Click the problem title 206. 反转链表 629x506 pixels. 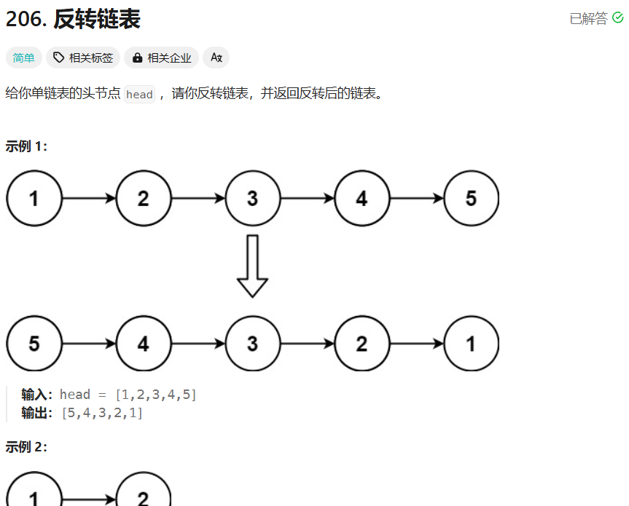pos(73,20)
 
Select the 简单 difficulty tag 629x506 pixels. pos(23,58)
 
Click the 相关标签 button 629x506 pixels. pos(83,58)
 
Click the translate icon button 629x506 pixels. pos(216,58)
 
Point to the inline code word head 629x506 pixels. pos(139,95)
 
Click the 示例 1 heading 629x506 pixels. pos(26,146)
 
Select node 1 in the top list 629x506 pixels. pos(34,198)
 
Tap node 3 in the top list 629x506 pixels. pos(252,198)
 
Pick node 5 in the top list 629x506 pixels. pos(471,198)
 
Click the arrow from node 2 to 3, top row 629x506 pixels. pos(198,198)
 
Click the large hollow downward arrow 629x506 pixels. pos(252,266)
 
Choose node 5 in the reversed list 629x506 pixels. pos(34,344)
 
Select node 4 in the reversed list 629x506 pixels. pos(143,344)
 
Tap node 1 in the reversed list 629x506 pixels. pos(471,344)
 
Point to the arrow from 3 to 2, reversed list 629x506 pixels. pos(307,344)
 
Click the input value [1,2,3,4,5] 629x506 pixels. pos(155,395)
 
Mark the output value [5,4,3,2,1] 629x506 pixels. pos(102,413)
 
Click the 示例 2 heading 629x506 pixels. pos(26,447)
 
